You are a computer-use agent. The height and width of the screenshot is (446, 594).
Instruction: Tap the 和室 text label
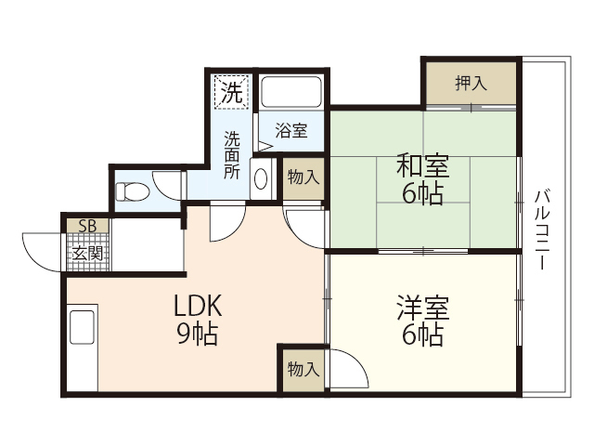(x=423, y=167)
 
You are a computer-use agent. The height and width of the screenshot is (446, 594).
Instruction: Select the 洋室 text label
(x=423, y=308)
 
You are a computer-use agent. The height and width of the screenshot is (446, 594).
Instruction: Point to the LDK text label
(x=197, y=306)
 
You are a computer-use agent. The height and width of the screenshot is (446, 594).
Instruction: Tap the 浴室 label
(x=291, y=131)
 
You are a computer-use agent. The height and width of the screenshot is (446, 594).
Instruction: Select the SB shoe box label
(x=87, y=226)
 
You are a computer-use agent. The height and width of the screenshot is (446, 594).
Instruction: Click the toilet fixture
(x=132, y=191)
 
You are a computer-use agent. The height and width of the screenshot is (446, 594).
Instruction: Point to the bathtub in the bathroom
(x=291, y=93)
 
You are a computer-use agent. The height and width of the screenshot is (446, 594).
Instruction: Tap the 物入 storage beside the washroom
(x=303, y=177)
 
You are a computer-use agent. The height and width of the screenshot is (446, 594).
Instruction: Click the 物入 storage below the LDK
(x=303, y=369)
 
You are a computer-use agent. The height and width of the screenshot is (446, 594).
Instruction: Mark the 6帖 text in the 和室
(x=423, y=194)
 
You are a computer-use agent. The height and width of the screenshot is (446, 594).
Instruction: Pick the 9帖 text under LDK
(x=197, y=334)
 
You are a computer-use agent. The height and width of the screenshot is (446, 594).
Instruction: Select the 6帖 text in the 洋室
(x=423, y=335)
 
